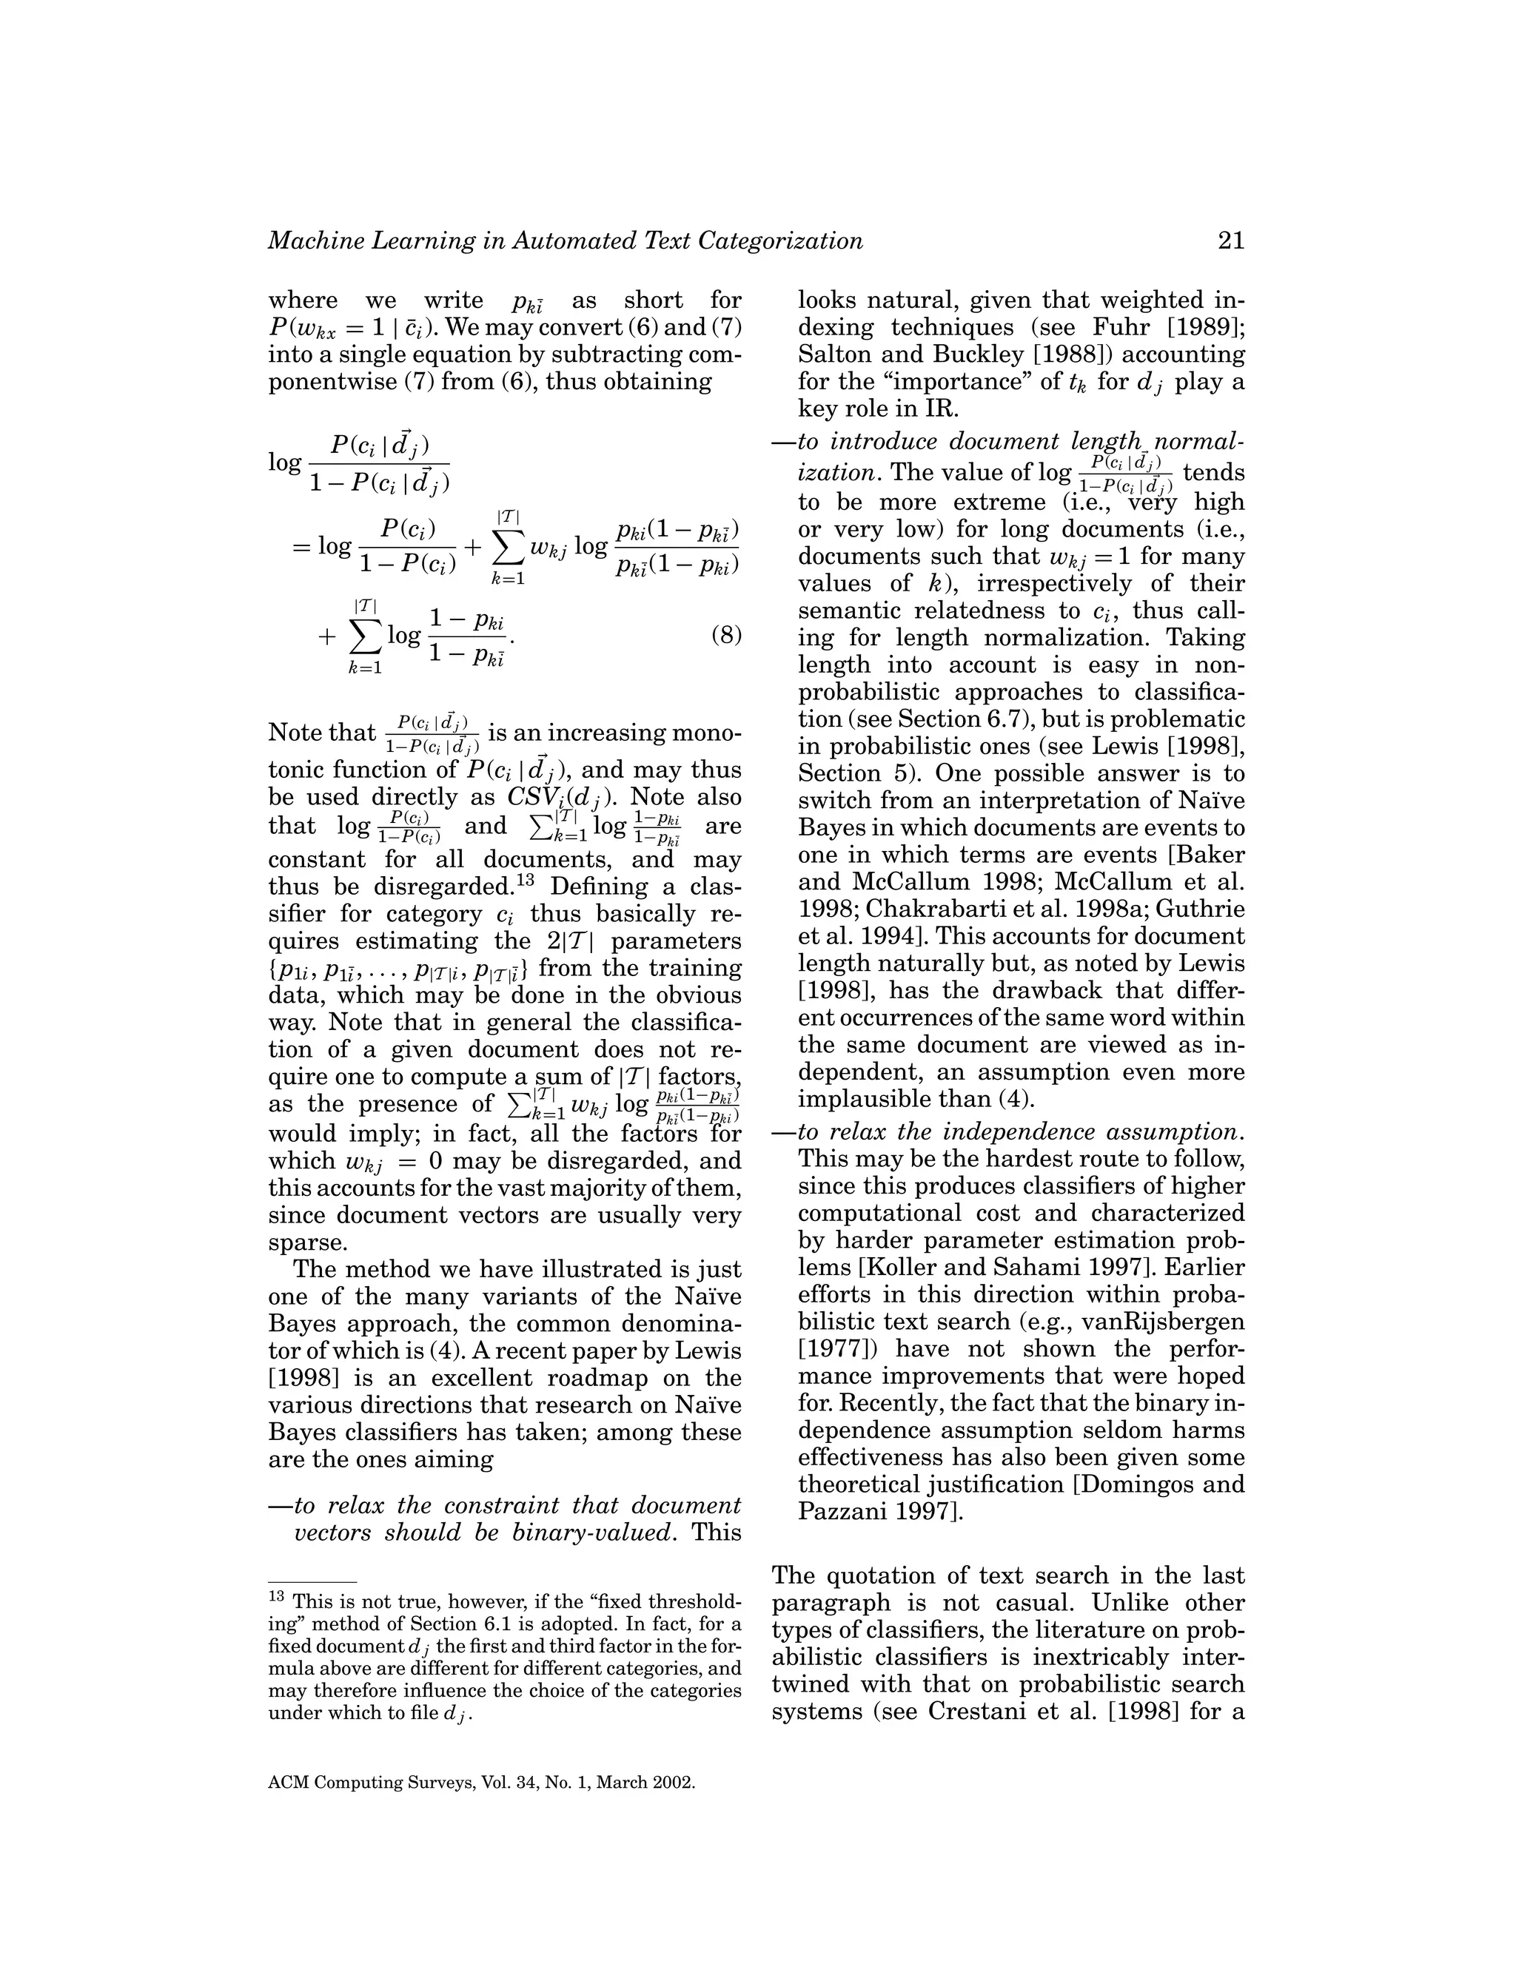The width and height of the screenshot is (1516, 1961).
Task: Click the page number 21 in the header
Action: click(x=1230, y=240)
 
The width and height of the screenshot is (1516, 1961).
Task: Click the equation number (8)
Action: click(x=725, y=636)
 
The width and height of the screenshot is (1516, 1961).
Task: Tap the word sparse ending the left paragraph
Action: click(x=306, y=1242)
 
